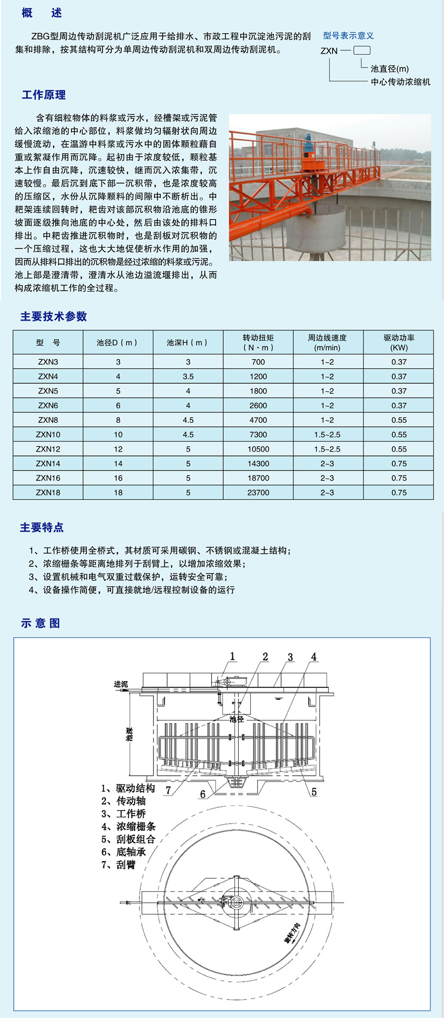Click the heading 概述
click(42, 13)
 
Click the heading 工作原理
click(43, 95)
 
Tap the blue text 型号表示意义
click(348, 36)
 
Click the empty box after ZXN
click(362, 50)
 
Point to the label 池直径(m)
click(390, 69)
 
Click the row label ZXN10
click(48, 434)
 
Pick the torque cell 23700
click(258, 492)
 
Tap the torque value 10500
click(258, 449)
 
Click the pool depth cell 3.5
click(188, 377)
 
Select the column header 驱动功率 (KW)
click(399, 342)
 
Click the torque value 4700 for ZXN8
click(258, 420)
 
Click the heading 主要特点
click(42, 527)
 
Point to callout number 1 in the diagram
click(232, 656)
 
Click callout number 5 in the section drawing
click(314, 792)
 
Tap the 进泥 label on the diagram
click(120, 684)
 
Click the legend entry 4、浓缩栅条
click(128, 826)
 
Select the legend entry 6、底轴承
click(123, 852)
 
